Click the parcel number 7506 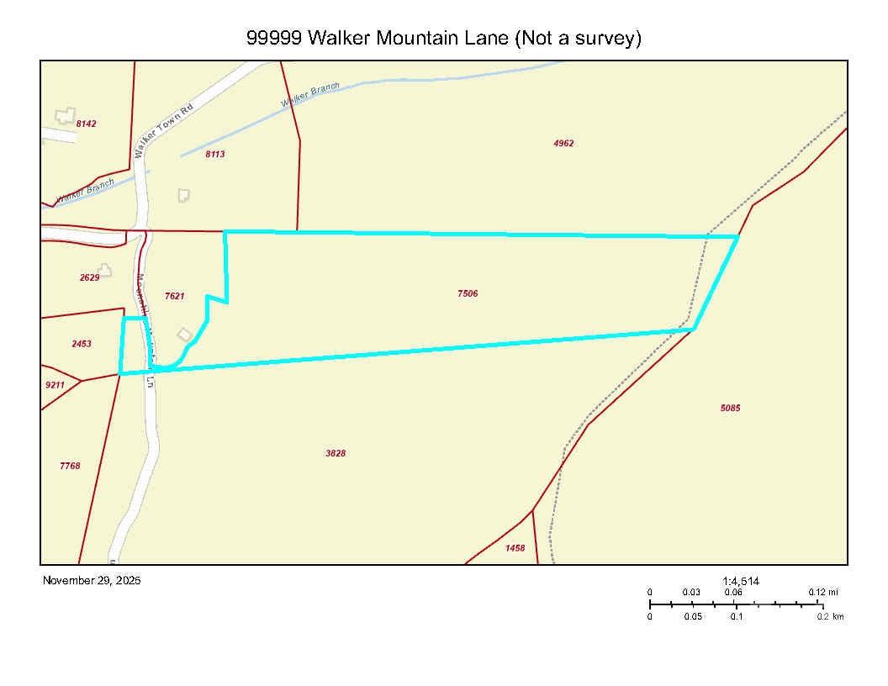[468, 293]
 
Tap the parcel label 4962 [563, 144]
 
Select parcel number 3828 [336, 453]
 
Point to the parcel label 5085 [730, 408]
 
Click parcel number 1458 [515, 548]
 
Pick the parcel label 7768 [70, 466]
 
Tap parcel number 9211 [55, 385]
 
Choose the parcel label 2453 [82, 344]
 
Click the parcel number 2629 [89, 277]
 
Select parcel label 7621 [174, 296]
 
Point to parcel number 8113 [214, 155]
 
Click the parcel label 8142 [86, 124]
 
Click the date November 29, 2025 [92, 580]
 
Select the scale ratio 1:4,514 [740, 580]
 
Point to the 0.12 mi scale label [822, 592]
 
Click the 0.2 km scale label [830, 616]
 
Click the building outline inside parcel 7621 [184, 335]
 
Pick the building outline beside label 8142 [64, 115]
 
